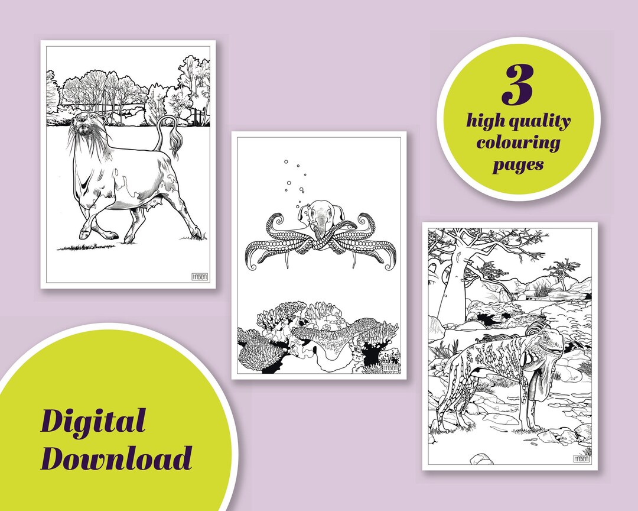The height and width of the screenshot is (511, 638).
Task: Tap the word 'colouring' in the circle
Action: (x=519, y=143)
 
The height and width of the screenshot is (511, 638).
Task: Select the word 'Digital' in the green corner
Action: (x=93, y=422)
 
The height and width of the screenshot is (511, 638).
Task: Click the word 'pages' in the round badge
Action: (x=518, y=164)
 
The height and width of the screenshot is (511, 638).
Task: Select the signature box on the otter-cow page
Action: (x=200, y=277)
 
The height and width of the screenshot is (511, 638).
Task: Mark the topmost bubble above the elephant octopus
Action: (x=286, y=161)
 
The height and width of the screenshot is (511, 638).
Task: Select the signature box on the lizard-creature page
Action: (x=582, y=459)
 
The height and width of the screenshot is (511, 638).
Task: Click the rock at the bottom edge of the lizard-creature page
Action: (x=481, y=458)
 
